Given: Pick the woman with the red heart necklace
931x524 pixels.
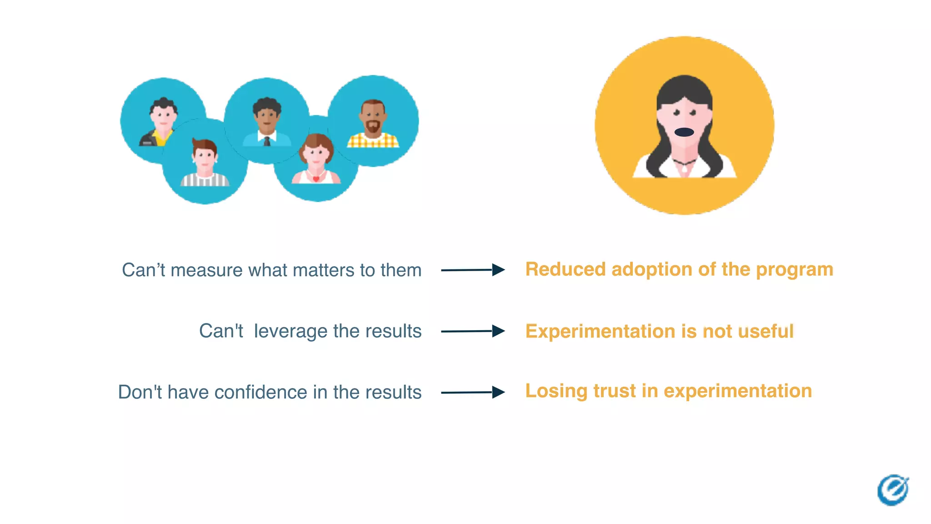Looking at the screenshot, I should click(316, 159).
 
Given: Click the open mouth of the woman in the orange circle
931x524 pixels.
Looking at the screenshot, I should click(684, 132).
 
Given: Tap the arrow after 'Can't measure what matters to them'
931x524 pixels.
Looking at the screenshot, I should click(473, 270).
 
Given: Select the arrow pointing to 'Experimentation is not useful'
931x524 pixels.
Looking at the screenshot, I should click(473, 331).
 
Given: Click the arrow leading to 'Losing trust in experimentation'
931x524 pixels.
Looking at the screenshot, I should click(473, 392).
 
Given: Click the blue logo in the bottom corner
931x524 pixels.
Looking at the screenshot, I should click(893, 490).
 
